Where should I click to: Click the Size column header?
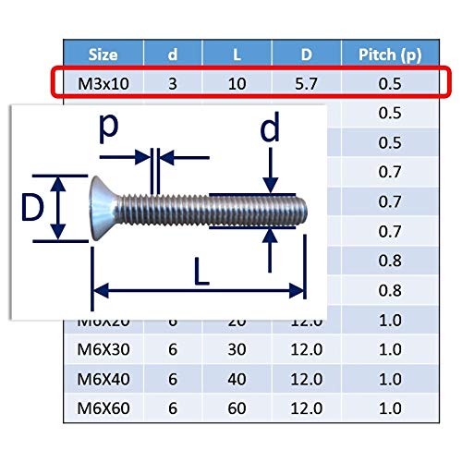coord(103,55)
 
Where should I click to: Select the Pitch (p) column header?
coord(390,55)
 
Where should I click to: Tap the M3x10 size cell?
coord(103,84)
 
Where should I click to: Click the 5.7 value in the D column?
coord(306,84)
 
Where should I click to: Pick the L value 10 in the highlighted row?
coord(237,84)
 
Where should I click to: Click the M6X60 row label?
coord(103,408)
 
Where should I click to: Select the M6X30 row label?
coord(103,349)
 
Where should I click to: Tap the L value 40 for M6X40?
coord(237,379)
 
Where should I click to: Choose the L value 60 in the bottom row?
coord(237,408)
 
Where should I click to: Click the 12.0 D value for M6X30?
coord(307,349)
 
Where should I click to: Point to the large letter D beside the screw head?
coord(32,208)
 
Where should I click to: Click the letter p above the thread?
coord(108,128)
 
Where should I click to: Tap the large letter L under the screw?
coord(201,272)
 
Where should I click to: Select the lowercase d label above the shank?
coord(270,128)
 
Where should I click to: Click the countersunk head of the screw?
coord(103,209)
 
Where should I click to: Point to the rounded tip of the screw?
coord(303,211)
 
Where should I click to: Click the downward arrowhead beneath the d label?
coord(271,186)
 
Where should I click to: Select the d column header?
coord(173,55)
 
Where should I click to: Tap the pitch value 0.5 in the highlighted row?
coord(390,84)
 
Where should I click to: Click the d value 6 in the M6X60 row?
coord(173,408)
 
